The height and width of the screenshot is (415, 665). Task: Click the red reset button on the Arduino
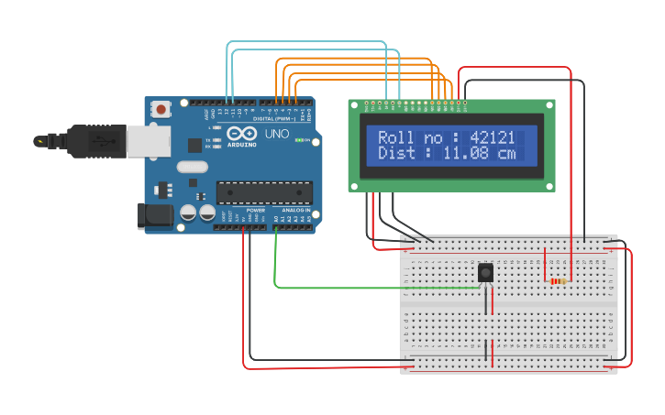(x=161, y=109)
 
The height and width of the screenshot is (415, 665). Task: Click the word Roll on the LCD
(x=397, y=137)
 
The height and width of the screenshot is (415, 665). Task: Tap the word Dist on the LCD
(x=397, y=154)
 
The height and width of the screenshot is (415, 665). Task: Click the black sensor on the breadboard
(x=485, y=273)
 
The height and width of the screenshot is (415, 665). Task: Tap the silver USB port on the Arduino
(x=147, y=140)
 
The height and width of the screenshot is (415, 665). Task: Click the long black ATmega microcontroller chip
(x=264, y=192)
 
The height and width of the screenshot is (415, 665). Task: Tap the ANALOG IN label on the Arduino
(x=293, y=210)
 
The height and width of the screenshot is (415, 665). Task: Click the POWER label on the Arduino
(x=256, y=210)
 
